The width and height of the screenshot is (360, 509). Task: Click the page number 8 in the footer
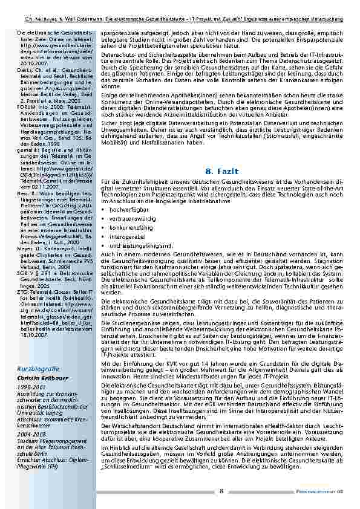point(221,491)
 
